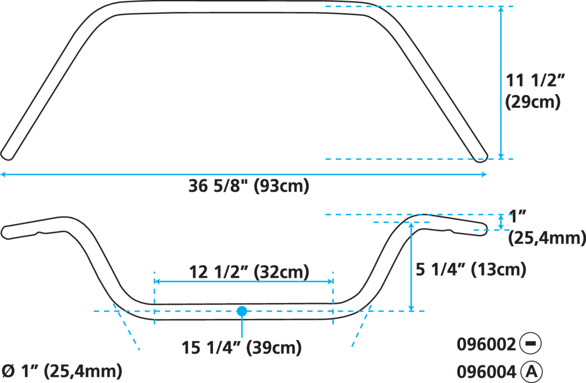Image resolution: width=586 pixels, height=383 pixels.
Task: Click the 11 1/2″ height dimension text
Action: coord(535,80)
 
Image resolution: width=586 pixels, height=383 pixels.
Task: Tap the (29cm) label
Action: coord(533,102)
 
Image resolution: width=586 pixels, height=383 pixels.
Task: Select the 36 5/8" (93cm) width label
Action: coord(249,186)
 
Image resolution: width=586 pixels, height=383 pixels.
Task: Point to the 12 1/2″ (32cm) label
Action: coord(249,272)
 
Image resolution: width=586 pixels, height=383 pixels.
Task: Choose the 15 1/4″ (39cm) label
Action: coord(241,348)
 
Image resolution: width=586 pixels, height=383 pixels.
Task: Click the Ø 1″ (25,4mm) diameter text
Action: coord(62,371)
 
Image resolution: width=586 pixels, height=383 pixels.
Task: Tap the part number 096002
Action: coord(486,344)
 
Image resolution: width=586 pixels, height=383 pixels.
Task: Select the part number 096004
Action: coord(486,372)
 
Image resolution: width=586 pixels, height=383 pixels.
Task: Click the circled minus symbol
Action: coord(530,344)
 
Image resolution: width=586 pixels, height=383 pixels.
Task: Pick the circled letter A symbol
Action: coord(532,372)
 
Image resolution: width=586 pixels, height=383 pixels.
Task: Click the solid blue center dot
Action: coord(242,311)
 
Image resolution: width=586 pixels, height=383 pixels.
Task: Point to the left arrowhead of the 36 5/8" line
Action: coord(3,174)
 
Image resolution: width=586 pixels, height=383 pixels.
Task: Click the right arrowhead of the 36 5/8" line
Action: coord(484,174)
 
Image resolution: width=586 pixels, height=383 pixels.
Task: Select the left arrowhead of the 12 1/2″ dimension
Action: coord(157,281)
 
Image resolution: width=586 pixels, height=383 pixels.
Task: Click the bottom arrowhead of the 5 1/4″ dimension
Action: coord(411,308)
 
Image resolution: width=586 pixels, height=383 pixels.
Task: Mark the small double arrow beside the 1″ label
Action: coord(501,222)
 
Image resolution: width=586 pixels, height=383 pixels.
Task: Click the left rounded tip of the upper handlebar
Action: coord(6,156)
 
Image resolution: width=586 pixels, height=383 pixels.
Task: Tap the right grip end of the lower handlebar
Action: coord(483,229)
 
